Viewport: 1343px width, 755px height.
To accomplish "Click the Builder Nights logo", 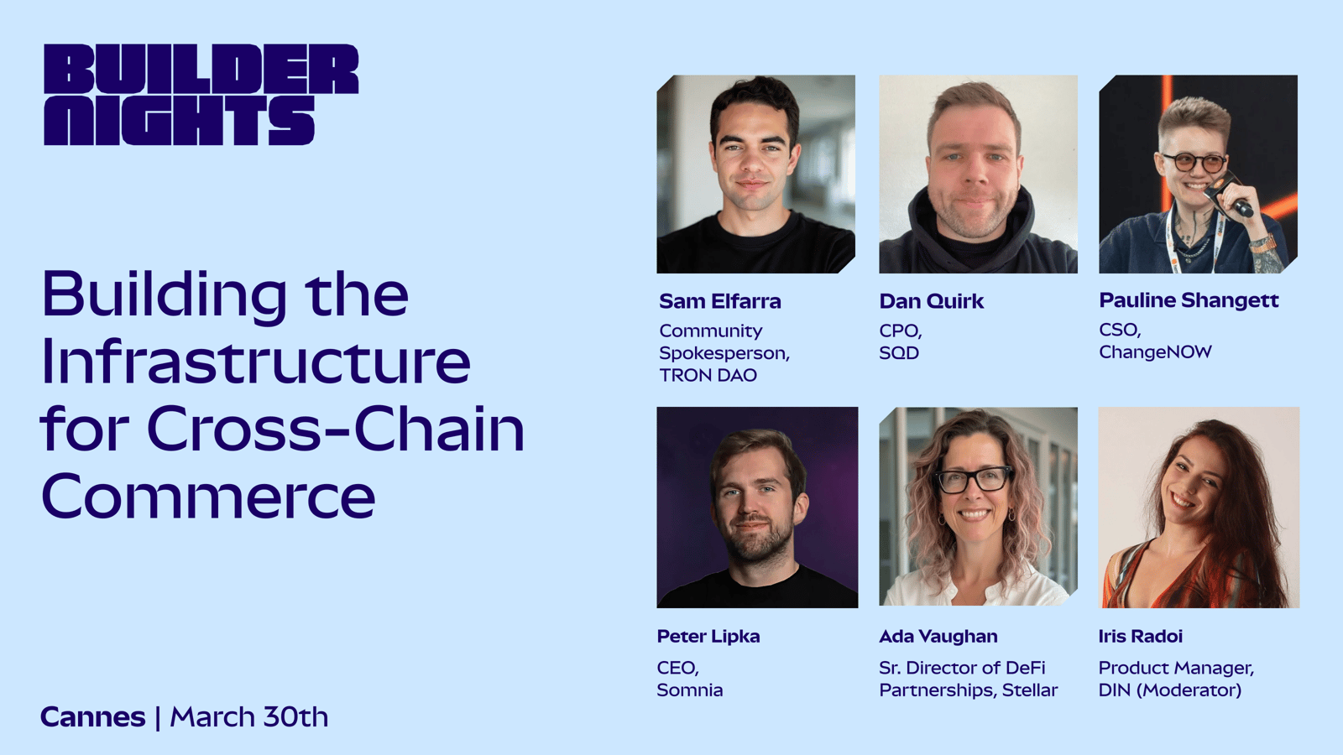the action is [201, 94].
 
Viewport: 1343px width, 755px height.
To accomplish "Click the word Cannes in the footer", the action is [93, 717].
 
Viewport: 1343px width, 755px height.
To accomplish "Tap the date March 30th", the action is [249, 717].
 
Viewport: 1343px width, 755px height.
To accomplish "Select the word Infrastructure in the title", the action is [256, 361].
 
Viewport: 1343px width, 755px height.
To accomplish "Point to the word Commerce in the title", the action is [208, 496].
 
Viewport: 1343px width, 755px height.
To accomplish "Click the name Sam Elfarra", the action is [720, 301].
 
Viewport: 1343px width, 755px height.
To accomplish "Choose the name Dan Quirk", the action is [931, 301].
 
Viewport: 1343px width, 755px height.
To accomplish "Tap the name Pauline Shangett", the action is [1189, 301].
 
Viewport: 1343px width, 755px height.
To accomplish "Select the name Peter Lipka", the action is [708, 636].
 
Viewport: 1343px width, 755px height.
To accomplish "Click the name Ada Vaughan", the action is [938, 636].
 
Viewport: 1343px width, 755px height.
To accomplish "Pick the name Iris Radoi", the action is [1141, 636].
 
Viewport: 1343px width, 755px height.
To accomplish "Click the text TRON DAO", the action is [708, 375].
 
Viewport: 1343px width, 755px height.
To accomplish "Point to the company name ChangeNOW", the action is [1155, 351].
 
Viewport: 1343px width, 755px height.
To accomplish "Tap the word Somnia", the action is [690, 690].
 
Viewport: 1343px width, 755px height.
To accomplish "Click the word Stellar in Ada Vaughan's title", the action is [1029, 690].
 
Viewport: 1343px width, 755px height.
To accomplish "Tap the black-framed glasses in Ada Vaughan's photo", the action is [974, 480].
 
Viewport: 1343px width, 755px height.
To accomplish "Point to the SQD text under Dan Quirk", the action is [899, 353].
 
